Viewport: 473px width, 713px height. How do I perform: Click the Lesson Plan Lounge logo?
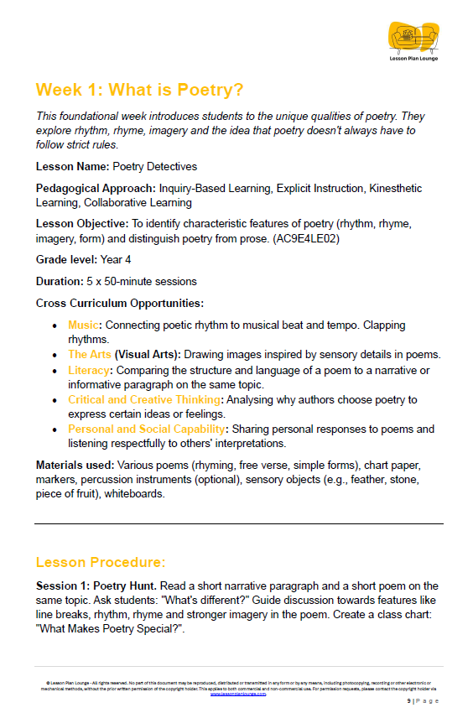click(413, 39)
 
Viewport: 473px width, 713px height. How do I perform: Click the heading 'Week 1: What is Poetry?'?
click(143, 90)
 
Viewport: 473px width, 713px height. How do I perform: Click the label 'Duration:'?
click(61, 281)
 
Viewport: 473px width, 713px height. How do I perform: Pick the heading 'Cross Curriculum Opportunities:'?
click(120, 303)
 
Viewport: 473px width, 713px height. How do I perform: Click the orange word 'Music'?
click(84, 325)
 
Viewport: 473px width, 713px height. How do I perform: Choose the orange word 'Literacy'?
click(89, 370)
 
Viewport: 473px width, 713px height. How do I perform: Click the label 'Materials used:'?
click(75, 464)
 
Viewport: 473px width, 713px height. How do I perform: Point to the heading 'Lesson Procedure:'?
click(101, 561)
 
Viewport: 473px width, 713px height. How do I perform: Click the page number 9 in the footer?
click(409, 700)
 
